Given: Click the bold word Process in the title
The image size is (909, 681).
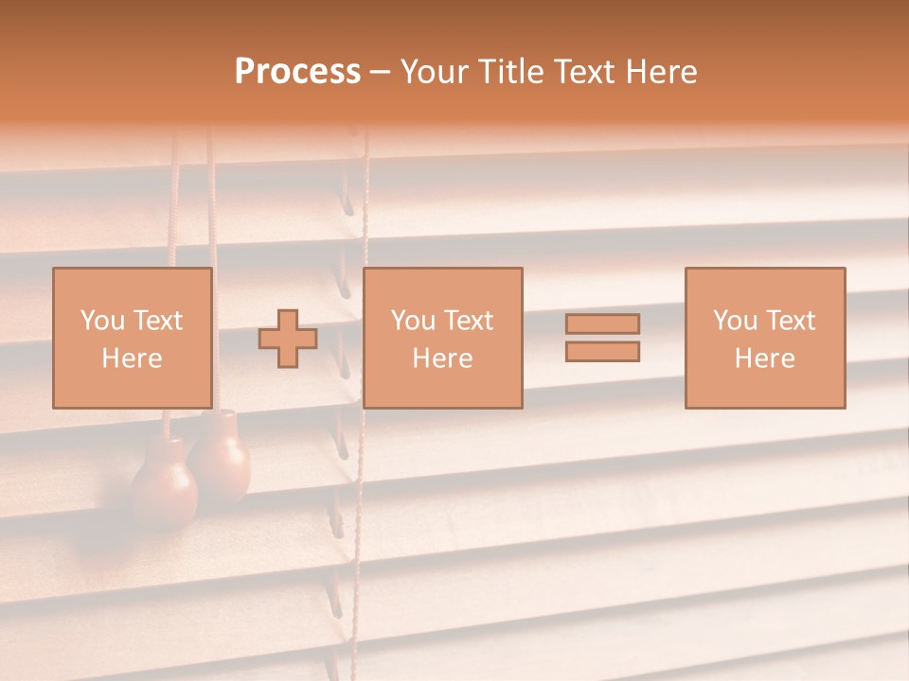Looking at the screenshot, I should [x=297, y=72].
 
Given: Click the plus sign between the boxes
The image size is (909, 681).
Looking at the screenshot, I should [x=288, y=339].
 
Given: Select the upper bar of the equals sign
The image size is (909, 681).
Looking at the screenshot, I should [x=602, y=323].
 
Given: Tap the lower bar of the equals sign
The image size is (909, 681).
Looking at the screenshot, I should [x=602, y=352].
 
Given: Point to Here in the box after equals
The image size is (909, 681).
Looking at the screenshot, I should [x=764, y=358].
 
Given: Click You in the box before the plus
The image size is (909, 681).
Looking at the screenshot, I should [x=102, y=321].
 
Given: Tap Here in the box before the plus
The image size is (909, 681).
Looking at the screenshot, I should [x=132, y=358].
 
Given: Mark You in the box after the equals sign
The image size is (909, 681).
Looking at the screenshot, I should [x=735, y=321].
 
